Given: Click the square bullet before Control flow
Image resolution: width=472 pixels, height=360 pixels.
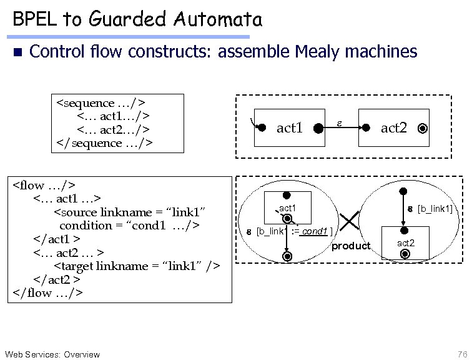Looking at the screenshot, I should (x=17, y=52).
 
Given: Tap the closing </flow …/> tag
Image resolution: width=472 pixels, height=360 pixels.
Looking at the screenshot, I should (x=47, y=292).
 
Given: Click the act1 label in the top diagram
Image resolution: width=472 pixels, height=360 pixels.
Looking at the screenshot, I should (x=290, y=128).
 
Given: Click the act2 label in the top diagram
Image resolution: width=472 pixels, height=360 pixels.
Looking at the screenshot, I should (x=394, y=128).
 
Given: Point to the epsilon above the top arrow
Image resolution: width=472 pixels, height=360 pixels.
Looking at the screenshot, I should (x=340, y=117).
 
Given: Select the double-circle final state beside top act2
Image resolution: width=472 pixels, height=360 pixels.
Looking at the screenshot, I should (x=423, y=129).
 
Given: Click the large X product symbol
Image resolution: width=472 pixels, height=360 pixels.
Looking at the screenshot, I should (x=350, y=219).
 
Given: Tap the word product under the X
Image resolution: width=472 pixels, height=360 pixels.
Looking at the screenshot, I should (x=350, y=246).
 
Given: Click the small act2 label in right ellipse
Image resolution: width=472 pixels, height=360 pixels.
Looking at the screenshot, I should (x=406, y=242).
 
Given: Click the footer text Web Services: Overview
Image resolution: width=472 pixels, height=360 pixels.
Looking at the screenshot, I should (x=52, y=354).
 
